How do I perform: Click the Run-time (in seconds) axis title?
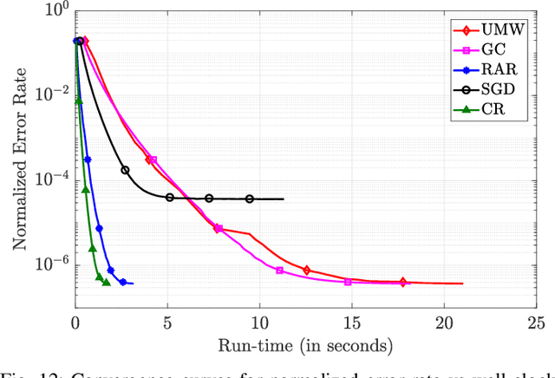click(304, 346)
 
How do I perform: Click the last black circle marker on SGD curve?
click(250, 199)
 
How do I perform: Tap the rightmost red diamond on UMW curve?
click(402, 282)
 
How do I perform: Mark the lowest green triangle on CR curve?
click(107, 282)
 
